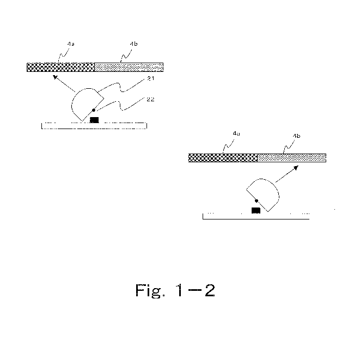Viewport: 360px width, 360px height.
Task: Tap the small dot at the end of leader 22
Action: (94, 111)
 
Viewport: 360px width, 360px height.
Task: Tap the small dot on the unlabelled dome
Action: (256, 201)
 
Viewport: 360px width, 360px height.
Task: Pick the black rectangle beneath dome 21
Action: (95, 119)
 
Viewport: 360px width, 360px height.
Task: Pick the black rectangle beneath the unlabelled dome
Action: (255, 210)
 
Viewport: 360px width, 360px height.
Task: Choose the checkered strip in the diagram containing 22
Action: (60, 67)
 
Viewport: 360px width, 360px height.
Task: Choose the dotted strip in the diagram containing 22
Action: (129, 67)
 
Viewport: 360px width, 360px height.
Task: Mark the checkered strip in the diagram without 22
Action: (222, 158)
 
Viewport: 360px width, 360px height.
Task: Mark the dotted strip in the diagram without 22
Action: (291, 158)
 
